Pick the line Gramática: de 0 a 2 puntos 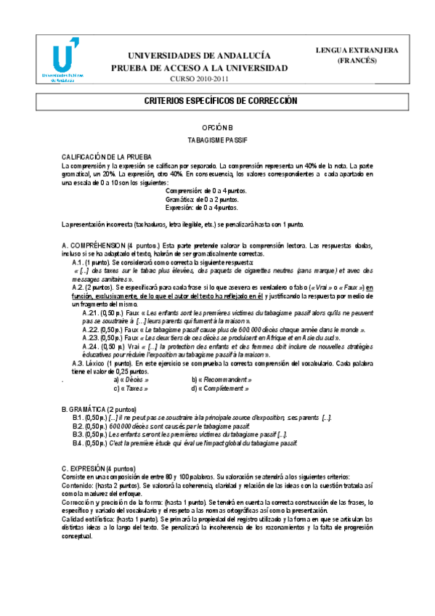201,198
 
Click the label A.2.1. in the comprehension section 92,312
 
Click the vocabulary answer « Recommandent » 226,379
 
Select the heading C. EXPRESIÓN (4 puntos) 98,469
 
